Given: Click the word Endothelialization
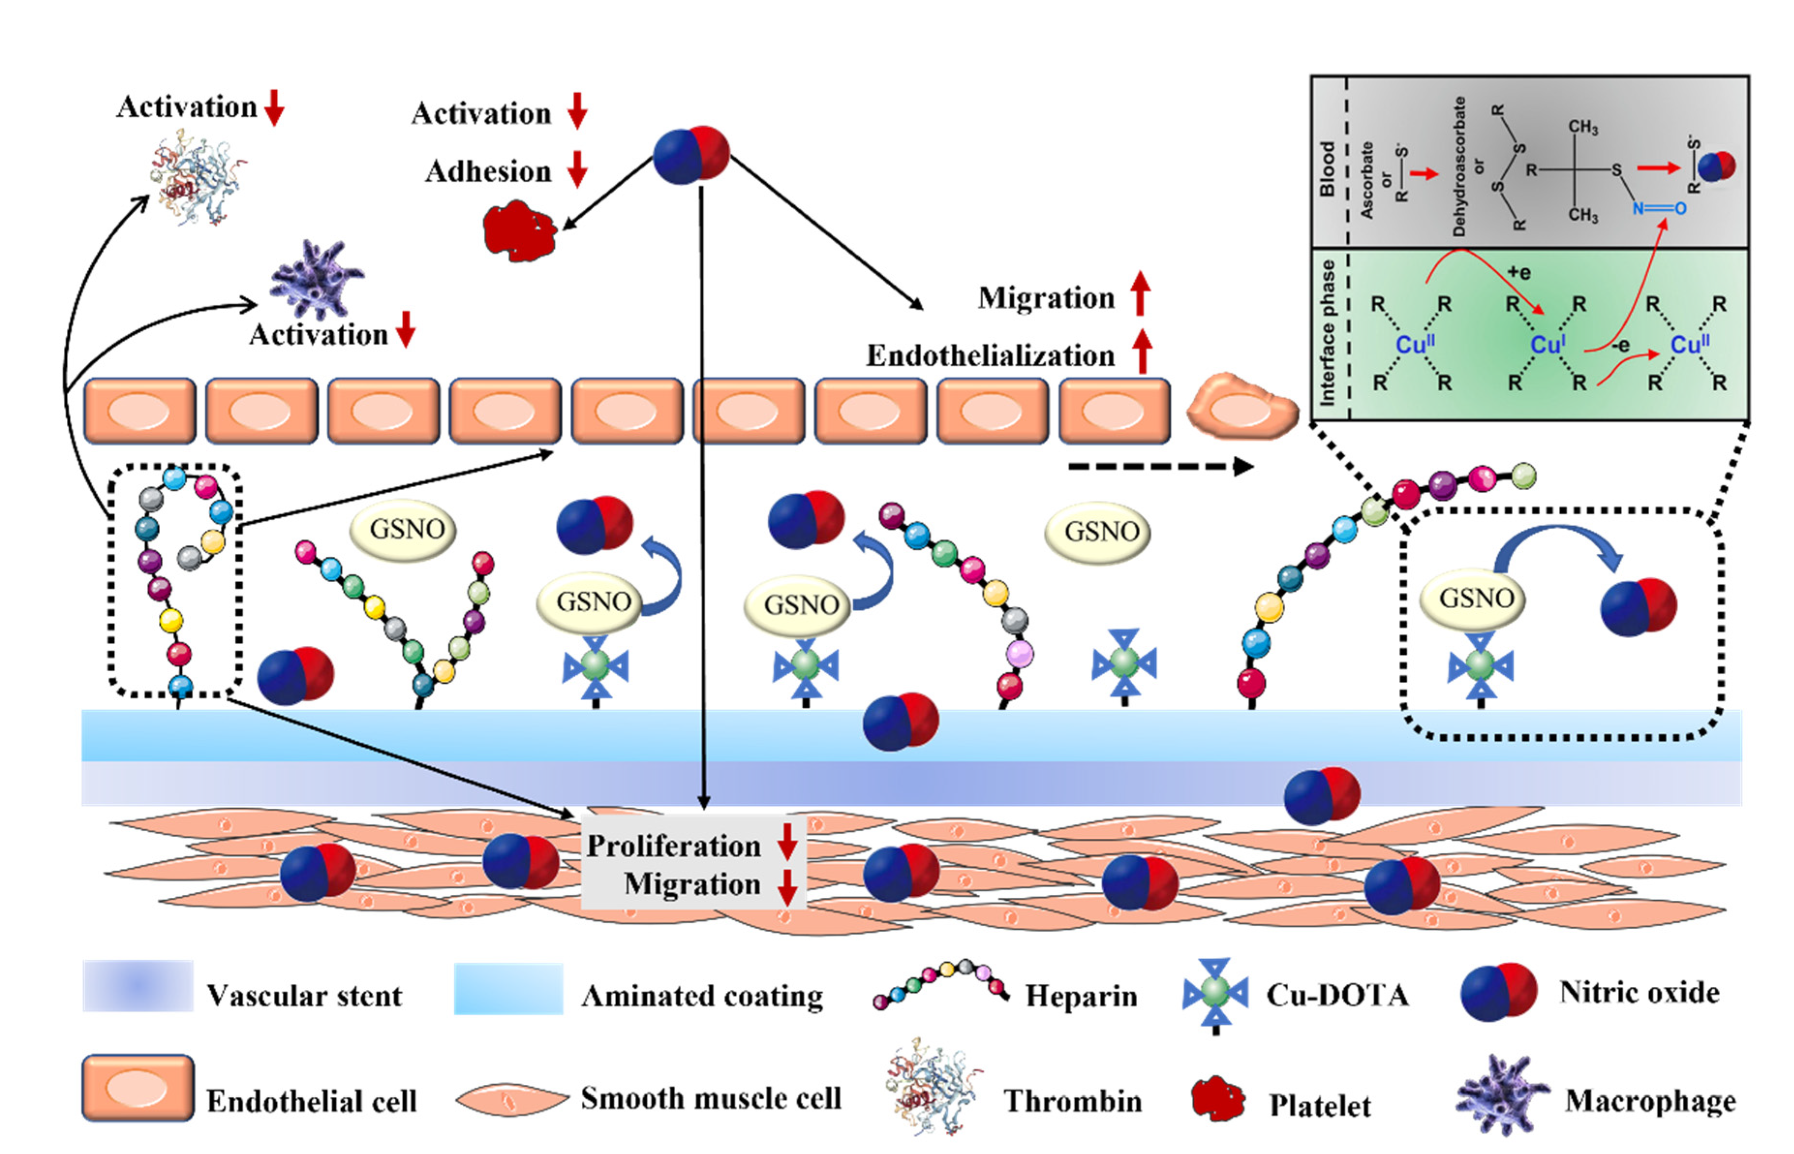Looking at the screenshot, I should (990, 356).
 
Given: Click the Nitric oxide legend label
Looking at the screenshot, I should (1639, 992).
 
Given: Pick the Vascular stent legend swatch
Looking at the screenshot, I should (138, 985).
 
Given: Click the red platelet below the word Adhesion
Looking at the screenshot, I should (518, 230).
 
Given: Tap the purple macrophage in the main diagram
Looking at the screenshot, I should (316, 279).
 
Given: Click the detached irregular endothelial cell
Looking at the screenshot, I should (1242, 406).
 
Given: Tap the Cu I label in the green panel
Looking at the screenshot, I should (1547, 345).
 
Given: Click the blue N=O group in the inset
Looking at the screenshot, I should (1658, 208).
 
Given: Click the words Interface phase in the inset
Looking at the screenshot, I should (1326, 334).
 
